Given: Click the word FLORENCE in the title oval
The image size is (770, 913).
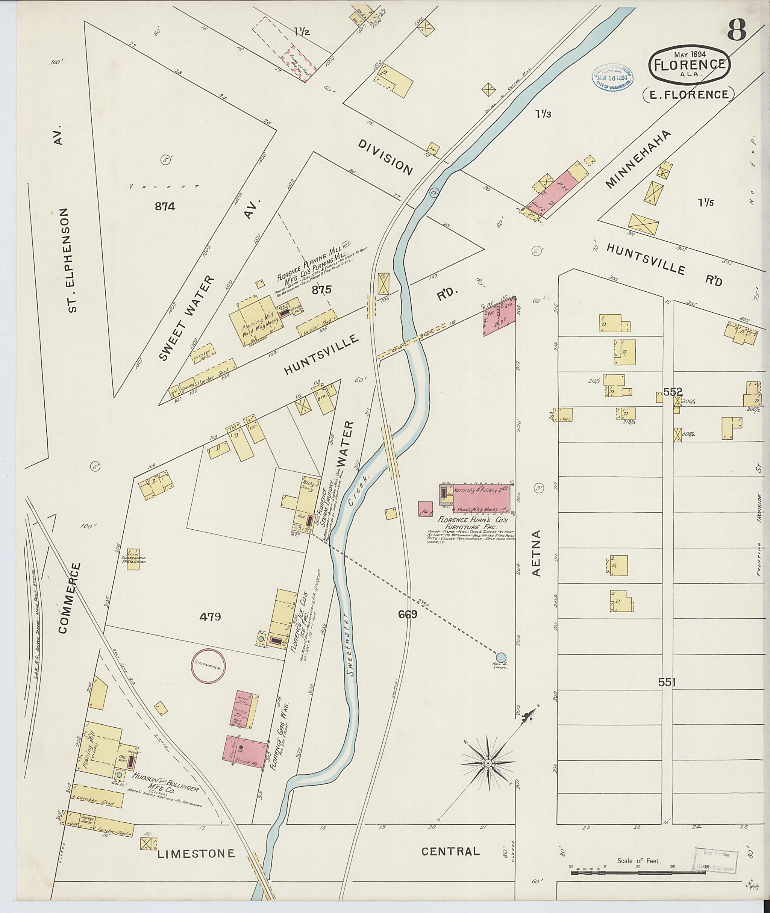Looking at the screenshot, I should click(x=690, y=64).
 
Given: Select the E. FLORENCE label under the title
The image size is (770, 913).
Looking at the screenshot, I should click(x=688, y=95).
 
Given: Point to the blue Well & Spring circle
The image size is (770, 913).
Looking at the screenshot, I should click(x=501, y=669).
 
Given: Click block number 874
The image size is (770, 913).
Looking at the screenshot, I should click(x=165, y=206).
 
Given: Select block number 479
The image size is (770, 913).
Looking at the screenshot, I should click(x=211, y=617).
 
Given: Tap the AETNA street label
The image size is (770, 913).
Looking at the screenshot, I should click(x=537, y=553).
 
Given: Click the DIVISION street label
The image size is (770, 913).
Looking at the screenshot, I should click(x=385, y=157).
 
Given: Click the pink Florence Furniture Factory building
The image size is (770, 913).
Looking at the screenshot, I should click(x=481, y=498).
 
